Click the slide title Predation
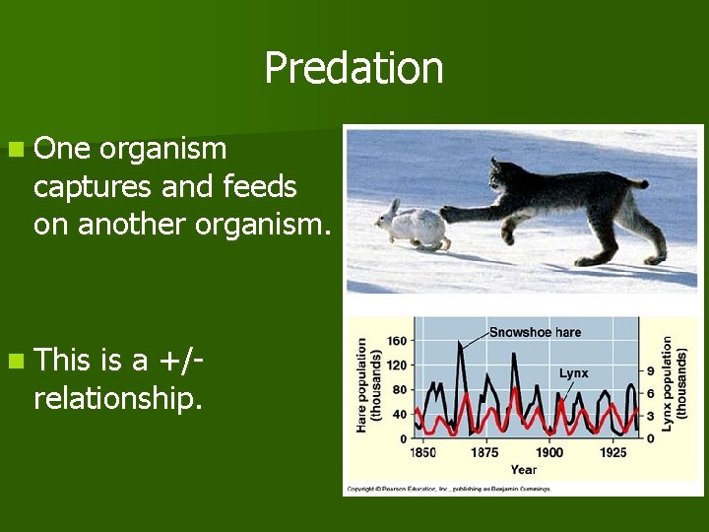pyautogui.click(x=354, y=68)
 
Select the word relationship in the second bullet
pyautogui.click(x=117, y=398)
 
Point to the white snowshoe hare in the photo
pyautogui.click(x=413, y=224)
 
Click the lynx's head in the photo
pyautogui.click(x=511, y=177)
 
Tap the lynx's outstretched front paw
pyautogui.click(x=449, y=213)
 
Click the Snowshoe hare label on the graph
pyautogui.click(x=535, y=332)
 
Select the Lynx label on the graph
pyautogui.click(x=573, y=373)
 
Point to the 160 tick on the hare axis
pyautogui.click(x=397, y=342)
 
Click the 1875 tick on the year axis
pyautogui.click(x=484, y=452)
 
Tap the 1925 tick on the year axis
pyautogui.click(x=612, y=452)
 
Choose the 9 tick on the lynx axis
pyautogui.click(x=651, y=370)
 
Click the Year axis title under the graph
pyautogui.click(x=524, y=469)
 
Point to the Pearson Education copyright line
pyautogui.click(x=449, y=488)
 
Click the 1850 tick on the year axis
pyautogui.click(x=423, y=452)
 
